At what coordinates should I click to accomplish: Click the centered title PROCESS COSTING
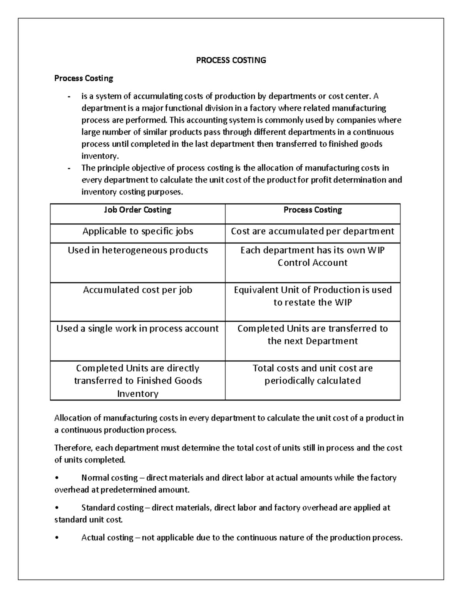point(231,60)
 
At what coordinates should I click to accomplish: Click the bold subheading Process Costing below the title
point(84,78)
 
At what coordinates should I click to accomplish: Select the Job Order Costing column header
point(137,210)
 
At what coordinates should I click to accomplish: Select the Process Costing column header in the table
point(313,210)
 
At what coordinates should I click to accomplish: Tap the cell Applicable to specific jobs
point(137,231)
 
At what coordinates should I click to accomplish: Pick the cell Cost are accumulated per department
point(312,231)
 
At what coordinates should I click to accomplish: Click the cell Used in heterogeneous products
point(137,250)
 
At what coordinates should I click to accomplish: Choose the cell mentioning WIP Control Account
point(312,256)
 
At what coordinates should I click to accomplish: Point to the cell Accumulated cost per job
point(137,290)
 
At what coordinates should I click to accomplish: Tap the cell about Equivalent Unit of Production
point(312,296)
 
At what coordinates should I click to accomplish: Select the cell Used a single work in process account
point(137,328)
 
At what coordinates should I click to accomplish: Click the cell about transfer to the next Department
point(312,335)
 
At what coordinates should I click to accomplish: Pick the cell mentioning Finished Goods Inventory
point(137,380)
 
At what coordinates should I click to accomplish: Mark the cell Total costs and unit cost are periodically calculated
point(312,374)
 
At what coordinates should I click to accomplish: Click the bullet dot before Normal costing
point(57,478)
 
